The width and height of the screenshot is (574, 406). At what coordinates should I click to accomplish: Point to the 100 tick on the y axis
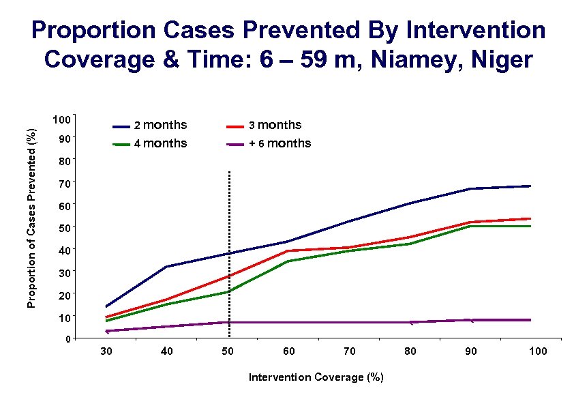(61, 120)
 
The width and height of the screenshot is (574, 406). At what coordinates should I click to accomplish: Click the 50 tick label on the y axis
(64, 227)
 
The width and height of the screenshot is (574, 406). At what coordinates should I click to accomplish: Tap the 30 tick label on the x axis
(106, 351)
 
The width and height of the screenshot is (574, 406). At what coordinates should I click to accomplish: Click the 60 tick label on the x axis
(289, 351)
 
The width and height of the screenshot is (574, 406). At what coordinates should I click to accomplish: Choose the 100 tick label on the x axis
(537, 351)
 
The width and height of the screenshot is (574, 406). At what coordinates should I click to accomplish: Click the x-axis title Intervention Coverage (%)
(316, 377)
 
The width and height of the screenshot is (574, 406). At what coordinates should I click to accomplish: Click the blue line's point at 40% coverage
(167, 267)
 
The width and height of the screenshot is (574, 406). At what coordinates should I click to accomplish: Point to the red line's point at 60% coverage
(289, 250)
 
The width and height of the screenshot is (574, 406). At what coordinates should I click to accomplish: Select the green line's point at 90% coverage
(471, 226)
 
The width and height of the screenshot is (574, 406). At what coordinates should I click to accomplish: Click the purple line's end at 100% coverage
(530, 319)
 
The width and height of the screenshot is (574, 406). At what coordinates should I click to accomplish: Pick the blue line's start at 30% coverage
(106, 306)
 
